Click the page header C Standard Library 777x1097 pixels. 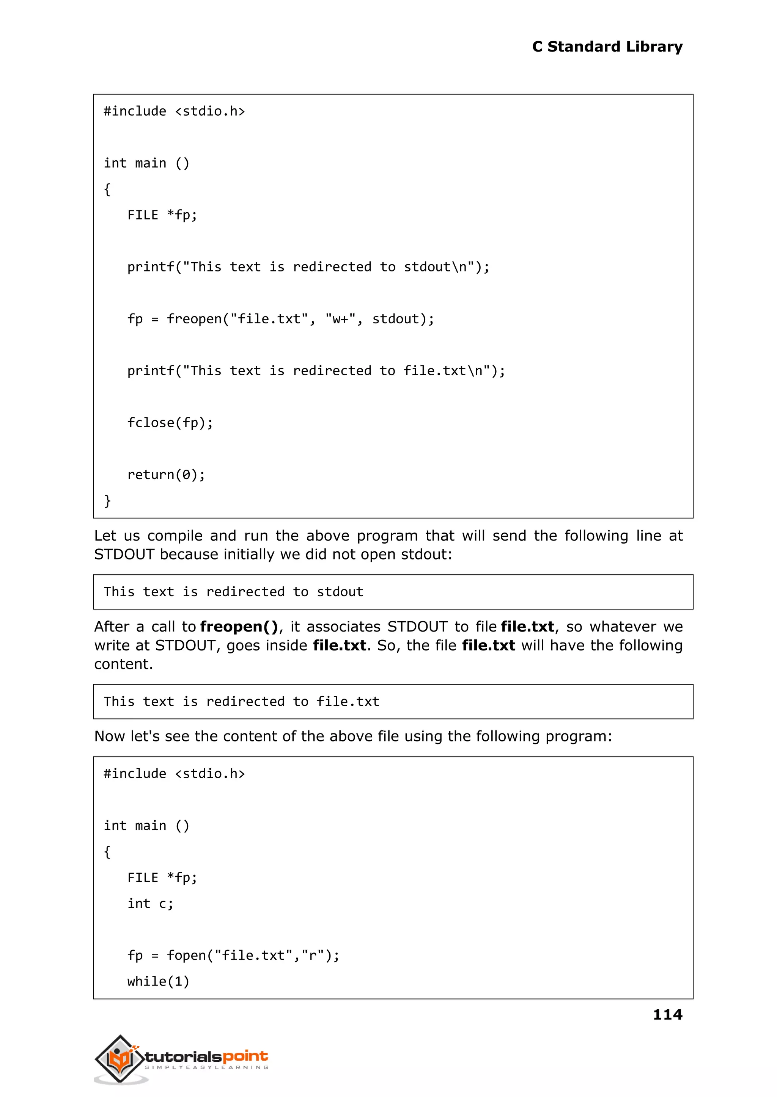pyautogui.click(x=607, y=47)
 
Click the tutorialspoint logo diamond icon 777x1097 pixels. pyautogui.click(x=120, y=1058)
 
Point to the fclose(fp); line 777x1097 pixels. pyautogui.click(x=170, y=423)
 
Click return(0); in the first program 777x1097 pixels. pyautogui.click(x=166, y=475)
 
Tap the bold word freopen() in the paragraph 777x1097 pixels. pyautogui.click(x=239, y=626)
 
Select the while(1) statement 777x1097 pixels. pyautogui.click(x=158, y=981)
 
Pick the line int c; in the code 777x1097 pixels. pyautogui.click(x=150, y=903)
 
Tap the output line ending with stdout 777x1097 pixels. pyautogui.click(x=233, y=592)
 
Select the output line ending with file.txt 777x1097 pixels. pyautogui.click(x=241, y=701)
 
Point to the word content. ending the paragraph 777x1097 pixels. pyautogui.click(x=123, y=664)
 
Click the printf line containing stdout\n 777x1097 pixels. pyautogui.click(x=308, y=267)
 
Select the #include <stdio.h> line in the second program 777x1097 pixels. pyautogui.click(x=174, y=773)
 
